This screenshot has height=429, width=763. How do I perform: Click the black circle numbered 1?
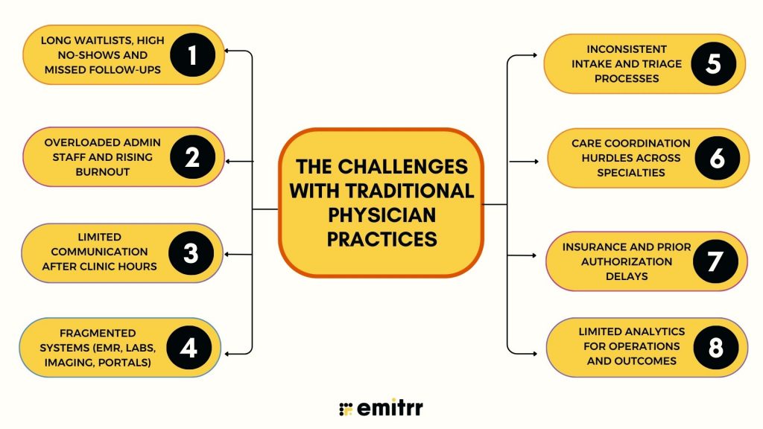point(191,55)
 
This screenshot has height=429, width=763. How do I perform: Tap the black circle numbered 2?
point(191,157)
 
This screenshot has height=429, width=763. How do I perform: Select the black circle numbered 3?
point(191,253)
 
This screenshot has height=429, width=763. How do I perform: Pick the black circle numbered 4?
point(189,348)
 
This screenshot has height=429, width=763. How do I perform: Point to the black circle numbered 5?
point(713,63)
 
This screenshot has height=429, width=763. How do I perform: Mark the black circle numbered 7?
point(715,261)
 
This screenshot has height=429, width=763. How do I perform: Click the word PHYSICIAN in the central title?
point(381,214)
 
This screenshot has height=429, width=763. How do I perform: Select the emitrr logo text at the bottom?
point(390,407)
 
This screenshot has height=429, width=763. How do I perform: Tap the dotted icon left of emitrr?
point(345,408)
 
